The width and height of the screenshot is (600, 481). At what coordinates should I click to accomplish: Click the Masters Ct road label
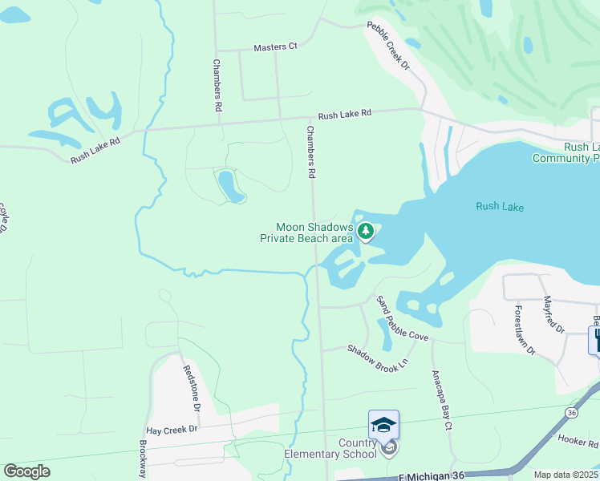coord(275,47)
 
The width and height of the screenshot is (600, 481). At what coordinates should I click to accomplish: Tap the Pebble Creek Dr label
coord(388,46)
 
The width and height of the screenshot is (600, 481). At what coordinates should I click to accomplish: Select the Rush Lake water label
coord(499,207)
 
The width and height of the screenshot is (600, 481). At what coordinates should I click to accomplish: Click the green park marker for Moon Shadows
coord(366,232)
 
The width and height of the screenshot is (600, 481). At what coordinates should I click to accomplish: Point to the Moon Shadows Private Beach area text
coord(306,232)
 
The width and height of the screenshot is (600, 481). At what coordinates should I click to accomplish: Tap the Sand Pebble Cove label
coord(402,318)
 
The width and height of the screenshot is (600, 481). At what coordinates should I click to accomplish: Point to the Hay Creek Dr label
coord(172,430)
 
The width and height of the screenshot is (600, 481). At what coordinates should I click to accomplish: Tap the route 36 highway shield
coord(570,412)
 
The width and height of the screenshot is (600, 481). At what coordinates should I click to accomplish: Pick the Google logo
coord(26,471)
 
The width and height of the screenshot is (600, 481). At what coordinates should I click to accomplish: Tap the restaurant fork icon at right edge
coord(595,340)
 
